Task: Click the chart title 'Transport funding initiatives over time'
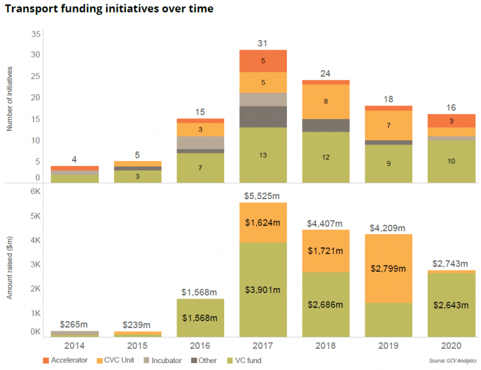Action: (109, 9)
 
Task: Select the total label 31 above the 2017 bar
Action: (263, 43)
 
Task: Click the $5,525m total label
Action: (263, 196)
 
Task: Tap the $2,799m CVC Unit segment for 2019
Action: (388, 269)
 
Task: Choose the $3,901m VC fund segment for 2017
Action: (263, 289)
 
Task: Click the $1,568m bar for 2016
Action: (200, 317)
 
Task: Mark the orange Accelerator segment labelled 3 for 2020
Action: (451, 121)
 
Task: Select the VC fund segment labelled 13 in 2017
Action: (263, 155)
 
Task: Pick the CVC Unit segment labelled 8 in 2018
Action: (326, 101)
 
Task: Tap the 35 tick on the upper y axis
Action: (36, 33)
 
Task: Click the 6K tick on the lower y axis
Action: (36, 193)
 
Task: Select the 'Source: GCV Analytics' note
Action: (453, 361)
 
